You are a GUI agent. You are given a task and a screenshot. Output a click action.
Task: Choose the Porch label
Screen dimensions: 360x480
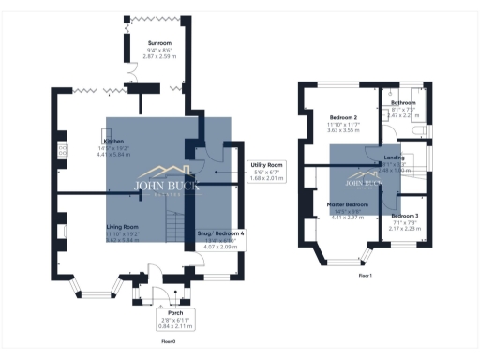point(175,312)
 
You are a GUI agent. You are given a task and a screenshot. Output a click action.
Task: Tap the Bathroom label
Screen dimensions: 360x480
point(404,102)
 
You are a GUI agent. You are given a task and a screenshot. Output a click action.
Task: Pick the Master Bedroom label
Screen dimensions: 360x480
point(347,204)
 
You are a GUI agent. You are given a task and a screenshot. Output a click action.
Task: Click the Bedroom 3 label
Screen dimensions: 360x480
point(405,216)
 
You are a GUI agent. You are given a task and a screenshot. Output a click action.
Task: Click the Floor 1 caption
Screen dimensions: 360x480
point(366,276)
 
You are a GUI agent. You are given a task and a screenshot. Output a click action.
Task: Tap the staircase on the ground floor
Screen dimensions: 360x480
point(173,224)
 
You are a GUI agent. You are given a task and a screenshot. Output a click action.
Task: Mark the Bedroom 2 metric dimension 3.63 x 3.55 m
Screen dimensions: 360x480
point(342,130)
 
